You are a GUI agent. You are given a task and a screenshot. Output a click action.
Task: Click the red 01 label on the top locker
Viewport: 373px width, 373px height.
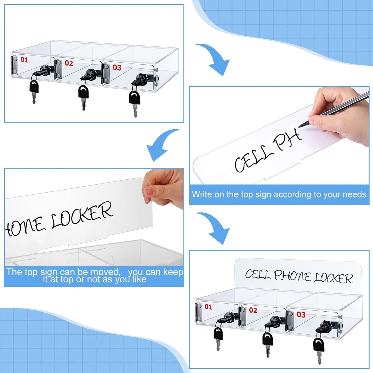pyautogui.click(x=24, y=60)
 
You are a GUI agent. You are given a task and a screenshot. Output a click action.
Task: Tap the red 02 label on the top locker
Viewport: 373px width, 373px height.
pyautogui.click(x=69, y=63)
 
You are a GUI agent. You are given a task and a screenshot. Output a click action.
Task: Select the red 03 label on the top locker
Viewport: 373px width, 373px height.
pyautogui.click(x=117, y=68)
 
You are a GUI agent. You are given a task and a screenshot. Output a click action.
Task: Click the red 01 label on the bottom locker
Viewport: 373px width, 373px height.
pyautogui.click(x=208, y=307)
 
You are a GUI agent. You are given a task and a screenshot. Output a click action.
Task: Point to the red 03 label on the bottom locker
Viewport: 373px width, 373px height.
pyautogui.click(x=301, y=315)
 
